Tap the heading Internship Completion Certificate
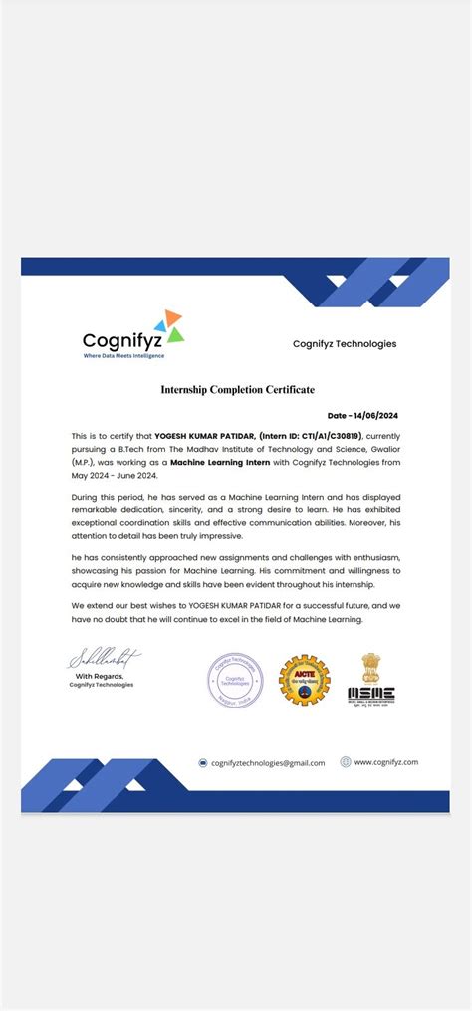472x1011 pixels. (237, 389)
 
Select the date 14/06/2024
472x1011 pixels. (364, 415)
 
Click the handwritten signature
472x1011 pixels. (104, 658)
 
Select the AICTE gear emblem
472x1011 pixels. (303, 680)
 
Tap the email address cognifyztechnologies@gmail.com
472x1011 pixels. (268, 763)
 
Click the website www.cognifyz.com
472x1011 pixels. (385, 762)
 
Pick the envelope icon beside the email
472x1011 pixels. (202, 763)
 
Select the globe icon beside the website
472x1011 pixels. (346, 762)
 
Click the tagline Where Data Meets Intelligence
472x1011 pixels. (123, 355)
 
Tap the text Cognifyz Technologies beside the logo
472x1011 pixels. (344, 344)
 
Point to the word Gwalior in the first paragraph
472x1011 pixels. (378, 449)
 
